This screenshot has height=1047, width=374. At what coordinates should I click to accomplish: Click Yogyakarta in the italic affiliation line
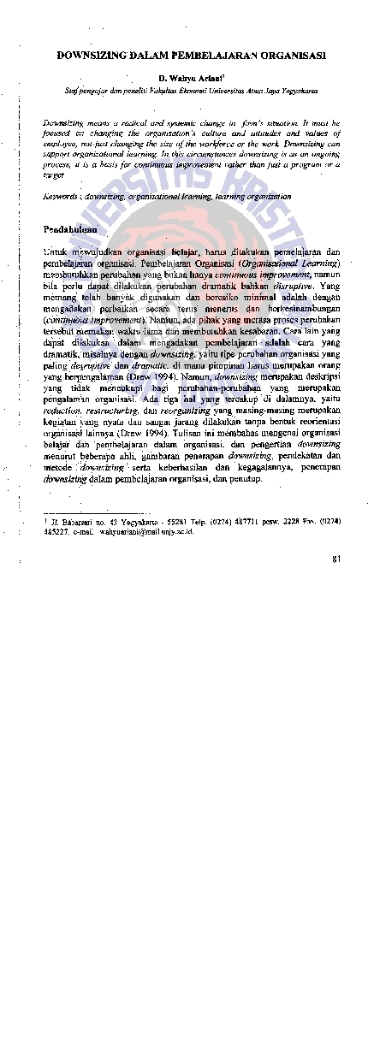click(300, 88)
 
